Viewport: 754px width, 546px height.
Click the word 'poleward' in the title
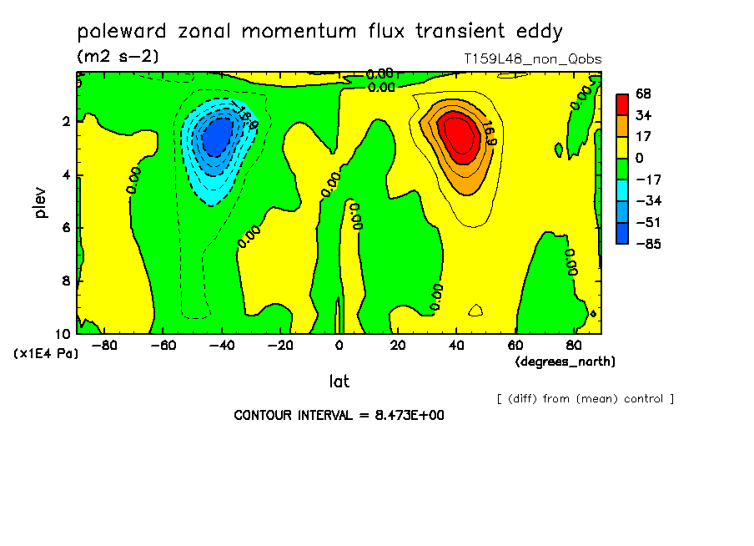pos(122,32)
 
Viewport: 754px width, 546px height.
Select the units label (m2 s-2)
pos(118,56)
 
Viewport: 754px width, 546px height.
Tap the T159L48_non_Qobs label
pos(533,59)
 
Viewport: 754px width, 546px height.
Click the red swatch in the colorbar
pos(622,104)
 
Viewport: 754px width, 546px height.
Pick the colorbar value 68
pos(643,94)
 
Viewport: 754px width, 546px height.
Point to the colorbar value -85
pos(649,244)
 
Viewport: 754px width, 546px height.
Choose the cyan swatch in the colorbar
pos(622,190)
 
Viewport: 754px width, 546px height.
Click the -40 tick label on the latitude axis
pos(222,346)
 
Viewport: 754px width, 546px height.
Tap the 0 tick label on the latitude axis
pos(339,346)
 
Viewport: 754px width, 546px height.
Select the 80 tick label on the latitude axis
pos(574,346)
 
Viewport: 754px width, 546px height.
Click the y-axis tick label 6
pos(66,228)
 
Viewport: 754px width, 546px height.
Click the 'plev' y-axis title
pos(40,202)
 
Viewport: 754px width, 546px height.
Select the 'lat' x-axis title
pos(339,382)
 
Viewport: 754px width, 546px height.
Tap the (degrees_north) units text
pos(565,361)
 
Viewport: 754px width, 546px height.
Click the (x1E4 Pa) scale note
pos(46,354)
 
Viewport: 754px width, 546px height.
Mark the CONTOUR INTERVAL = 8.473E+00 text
pos(339,415)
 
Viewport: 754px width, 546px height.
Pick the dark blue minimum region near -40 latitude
pos(217,137)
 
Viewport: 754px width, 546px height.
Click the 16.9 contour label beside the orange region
pos(489,133)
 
